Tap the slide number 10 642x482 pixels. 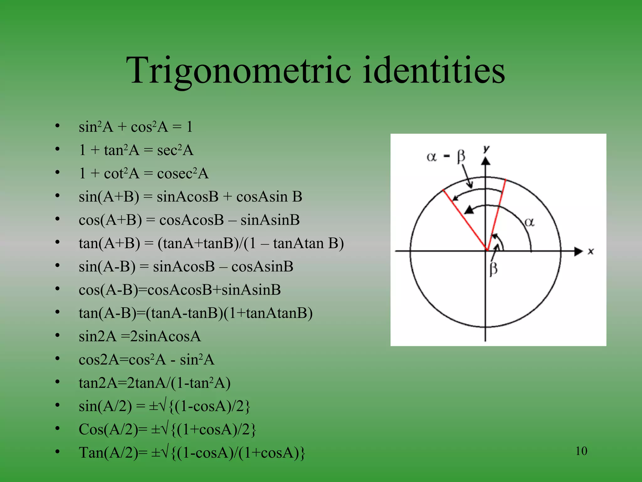click(x=581, y=451)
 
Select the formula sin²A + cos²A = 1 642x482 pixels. click(x=135, y=127)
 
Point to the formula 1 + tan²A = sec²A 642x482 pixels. click(x=136, y=150)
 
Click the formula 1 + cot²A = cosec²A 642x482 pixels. click(x=144, y=174)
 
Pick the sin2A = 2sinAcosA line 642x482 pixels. click(x=140, y=336)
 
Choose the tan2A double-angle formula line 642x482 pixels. click(x=155, y=383)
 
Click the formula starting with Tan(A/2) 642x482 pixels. click(x=192, y=453)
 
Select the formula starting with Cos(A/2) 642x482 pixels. click(x=167, y=429)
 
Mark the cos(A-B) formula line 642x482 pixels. click(x=180, y=290)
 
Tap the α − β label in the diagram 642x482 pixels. click(x=446, y=156)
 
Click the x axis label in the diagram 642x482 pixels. click(x=591, y=251)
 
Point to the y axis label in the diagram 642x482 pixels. click(x=486, y=149)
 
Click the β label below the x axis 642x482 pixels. click(x=493, y=269)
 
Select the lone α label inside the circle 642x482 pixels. click(x=529, y=222)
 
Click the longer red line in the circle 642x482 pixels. click(x=465, y=220)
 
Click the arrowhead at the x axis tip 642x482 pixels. click(x=578, y=251)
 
